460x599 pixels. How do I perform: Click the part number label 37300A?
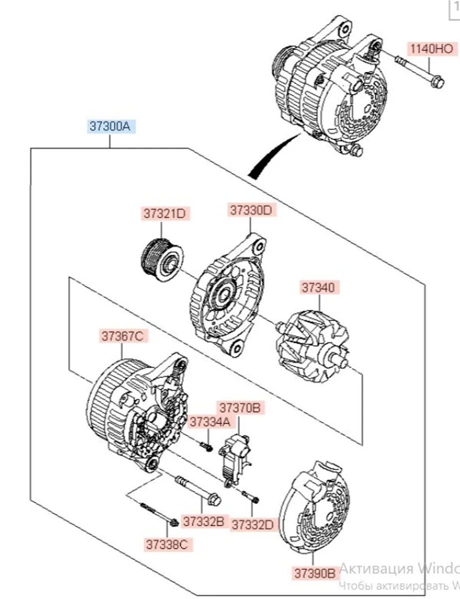point(109,127)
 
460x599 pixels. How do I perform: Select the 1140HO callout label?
point(431,49)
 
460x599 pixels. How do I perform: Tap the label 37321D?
point(161,214)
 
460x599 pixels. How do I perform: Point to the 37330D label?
point(251,210)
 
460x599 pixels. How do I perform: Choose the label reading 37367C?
point(123,336)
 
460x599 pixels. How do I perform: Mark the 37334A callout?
point(209,422)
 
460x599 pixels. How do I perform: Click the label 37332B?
point(203,522)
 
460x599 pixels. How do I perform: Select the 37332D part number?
point(253,525)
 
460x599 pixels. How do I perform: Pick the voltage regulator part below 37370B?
point(238,457)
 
